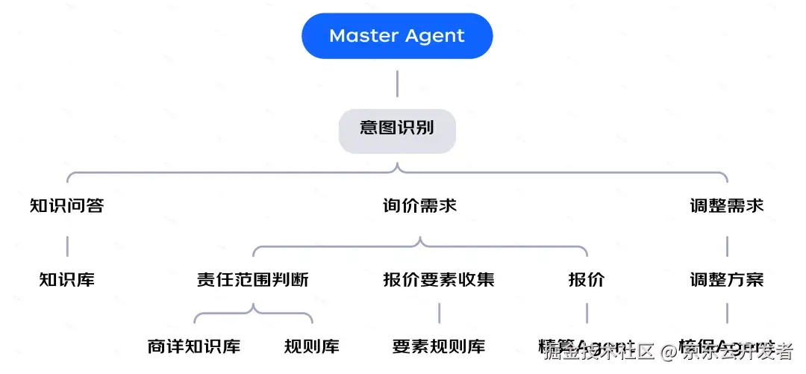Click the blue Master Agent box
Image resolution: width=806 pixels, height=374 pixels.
click(x=397, y=36)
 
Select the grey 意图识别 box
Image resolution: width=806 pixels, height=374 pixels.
click(x=397, y=127)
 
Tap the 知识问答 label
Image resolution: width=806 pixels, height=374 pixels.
click(x=67, y=205)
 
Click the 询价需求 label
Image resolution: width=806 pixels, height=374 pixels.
click(x=419, y=205)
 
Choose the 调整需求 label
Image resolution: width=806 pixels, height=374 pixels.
click(x=727, y=205)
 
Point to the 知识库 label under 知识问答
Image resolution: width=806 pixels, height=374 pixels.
click(x=67, y=280)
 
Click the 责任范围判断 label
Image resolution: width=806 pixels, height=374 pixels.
click(x=253, y=280)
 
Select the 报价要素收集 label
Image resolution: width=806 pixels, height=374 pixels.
click(x=439, y=280)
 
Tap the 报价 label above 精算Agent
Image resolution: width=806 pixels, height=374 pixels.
click(x=587, y=280)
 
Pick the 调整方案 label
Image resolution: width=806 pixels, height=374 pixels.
click(x=727, y=280)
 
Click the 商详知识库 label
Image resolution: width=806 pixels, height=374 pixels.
click(x=194, y=346)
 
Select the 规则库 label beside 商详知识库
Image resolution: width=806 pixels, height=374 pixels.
click(x=312, y=346)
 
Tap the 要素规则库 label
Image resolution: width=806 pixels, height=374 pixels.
click(x=439, y=346)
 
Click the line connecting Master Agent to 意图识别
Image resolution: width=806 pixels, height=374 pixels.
click(x=397, y=84)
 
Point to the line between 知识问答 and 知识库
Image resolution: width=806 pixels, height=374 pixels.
click(x=67, y=245)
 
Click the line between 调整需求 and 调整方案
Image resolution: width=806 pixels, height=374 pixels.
click(x=727, y=245)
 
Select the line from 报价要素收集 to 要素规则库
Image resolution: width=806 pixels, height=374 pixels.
click(x=439, y=314)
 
